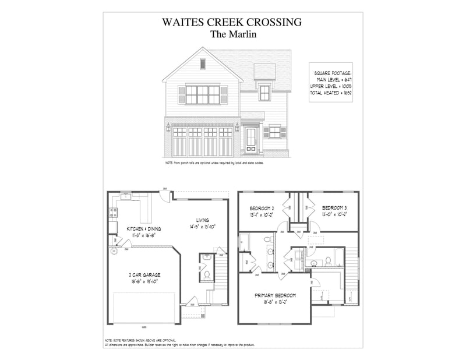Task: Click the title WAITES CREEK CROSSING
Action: point(232,22)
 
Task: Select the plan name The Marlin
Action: point(232,34)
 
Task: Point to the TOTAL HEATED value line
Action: point(331,93)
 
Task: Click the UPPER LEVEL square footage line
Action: point(331,86)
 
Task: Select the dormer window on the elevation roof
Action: point(264,92)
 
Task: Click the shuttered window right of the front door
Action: point(274,133)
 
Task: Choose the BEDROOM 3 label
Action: point(335,207)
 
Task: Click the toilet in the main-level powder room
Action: point(206,274)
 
